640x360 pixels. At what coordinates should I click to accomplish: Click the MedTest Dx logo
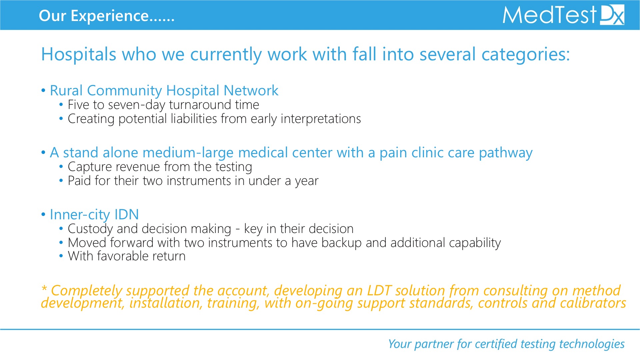pos(563,15)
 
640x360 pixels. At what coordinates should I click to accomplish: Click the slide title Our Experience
pos(107,16)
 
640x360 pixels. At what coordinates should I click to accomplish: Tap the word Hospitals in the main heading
pos(79,54)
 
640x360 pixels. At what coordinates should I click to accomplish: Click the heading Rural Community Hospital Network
pos(164,91)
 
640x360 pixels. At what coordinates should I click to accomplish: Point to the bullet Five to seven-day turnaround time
pos(163,105)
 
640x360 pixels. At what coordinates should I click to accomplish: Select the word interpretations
pos(321,119)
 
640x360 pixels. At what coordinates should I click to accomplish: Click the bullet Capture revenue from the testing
pos(160,167)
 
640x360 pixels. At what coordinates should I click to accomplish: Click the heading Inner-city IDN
pos(94,215)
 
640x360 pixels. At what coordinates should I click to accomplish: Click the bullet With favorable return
pos(127,256)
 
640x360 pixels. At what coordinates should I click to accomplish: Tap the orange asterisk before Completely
pos(44,288)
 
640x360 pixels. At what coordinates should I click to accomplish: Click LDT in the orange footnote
pos(379,291)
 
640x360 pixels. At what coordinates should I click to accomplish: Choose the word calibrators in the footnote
pos(593,303)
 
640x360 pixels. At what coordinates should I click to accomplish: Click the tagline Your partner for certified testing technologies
pos(506,344)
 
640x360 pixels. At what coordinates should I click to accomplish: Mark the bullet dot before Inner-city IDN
pos(43,215)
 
